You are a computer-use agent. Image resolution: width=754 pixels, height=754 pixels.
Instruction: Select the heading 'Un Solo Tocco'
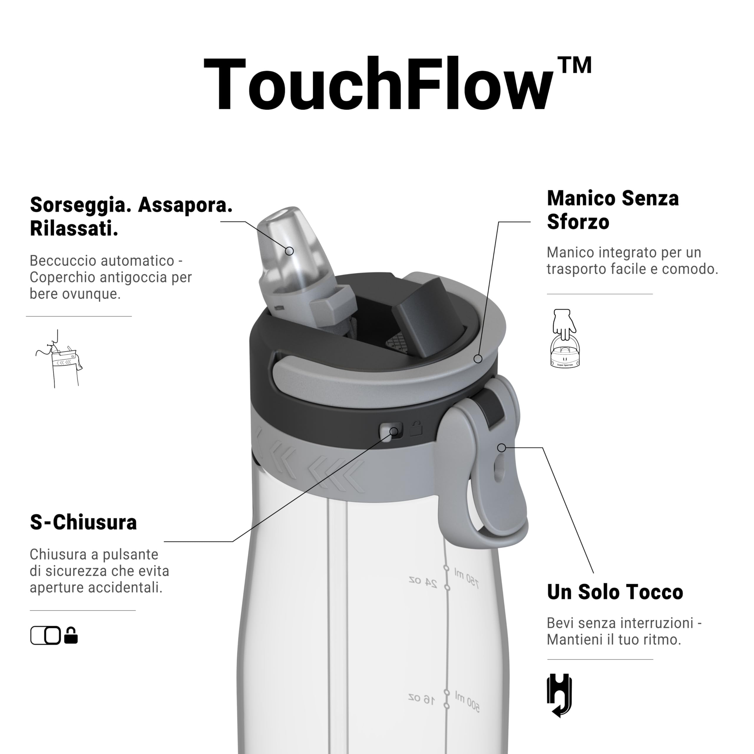615,592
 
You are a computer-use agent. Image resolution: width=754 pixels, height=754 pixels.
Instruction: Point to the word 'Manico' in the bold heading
580,198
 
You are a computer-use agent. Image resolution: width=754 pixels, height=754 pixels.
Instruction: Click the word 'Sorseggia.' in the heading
80,205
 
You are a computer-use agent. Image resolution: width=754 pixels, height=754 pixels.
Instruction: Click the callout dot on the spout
289,251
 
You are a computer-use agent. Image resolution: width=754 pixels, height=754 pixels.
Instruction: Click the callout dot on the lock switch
394,431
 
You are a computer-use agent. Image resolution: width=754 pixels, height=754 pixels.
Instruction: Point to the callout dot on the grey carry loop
502,448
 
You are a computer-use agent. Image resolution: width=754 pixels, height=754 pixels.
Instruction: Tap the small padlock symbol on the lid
416,429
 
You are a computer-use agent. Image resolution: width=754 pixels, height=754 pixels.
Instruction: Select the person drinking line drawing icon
59,359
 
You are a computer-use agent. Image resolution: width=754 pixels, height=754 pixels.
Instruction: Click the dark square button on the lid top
427,311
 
